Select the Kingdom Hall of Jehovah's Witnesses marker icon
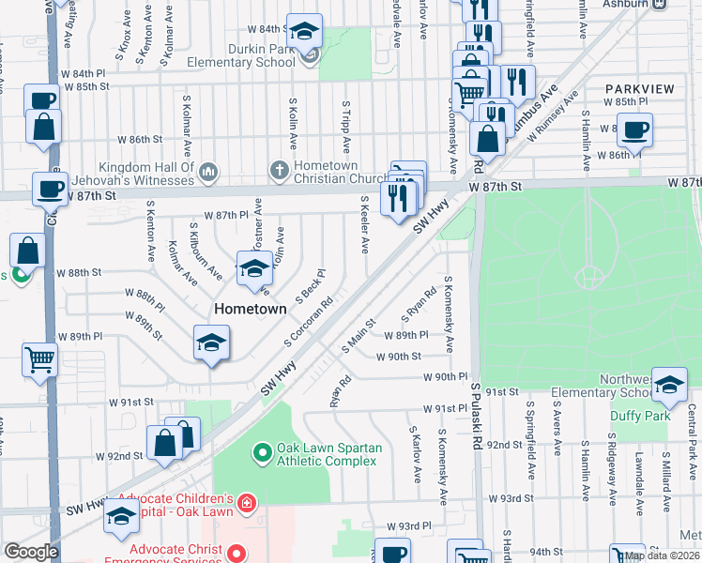pyautogui.click(x=208, y=172)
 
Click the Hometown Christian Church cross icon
pyautogui.click(x=278, y=171)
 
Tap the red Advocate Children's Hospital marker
pyautogui.click(x=246, y=504)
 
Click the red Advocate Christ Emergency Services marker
pyautogui.click(x=237, y=555)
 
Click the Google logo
pyautogui.click(x=31, y=552)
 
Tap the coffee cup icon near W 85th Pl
pyautogui.click(x=634, y=130)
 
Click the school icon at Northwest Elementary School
pyautogui.click(x=669, y=385)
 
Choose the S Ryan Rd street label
pyautogui.click(x=420, y=303)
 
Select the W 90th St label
pyautogui.click(x=399, y=357)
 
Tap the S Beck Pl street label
pyautogui.click(x=311, y=285)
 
